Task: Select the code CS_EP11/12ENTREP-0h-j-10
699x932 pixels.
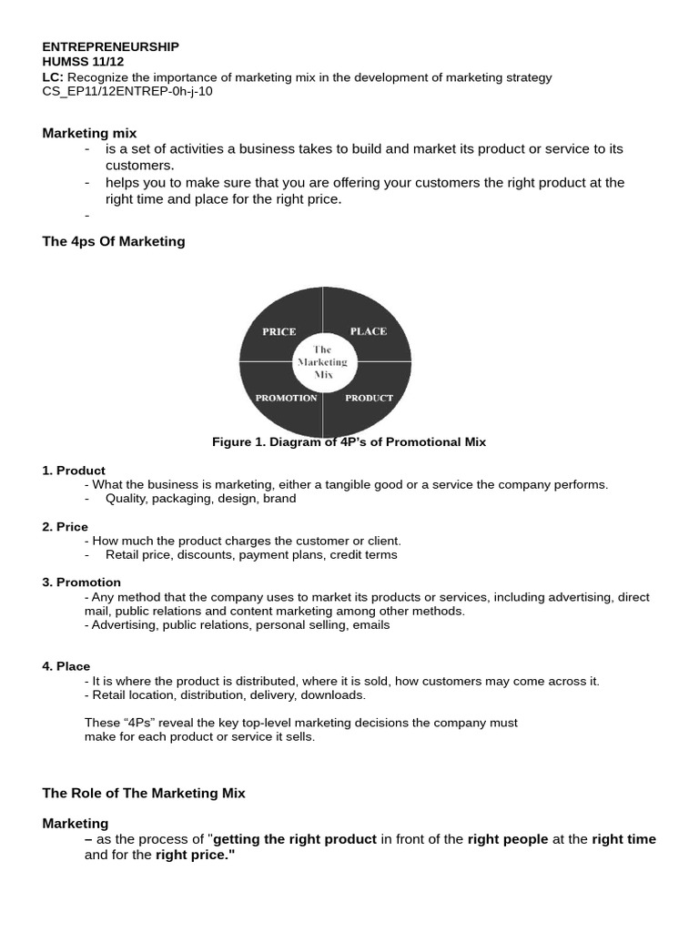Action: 127,91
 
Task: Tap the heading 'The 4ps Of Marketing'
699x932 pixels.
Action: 114,241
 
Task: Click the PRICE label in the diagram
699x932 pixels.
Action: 279,332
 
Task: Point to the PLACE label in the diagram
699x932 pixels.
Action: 368,331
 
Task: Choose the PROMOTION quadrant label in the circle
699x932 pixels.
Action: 286,398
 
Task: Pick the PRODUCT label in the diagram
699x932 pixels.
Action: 370,398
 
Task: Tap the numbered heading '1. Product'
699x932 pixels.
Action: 74,471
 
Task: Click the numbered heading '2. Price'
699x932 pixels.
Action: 66,527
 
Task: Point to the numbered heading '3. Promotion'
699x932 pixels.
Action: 81,582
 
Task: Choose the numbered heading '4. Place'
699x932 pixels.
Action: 66,666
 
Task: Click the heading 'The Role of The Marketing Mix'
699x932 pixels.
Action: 144,793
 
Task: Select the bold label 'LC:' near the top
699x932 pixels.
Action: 53,77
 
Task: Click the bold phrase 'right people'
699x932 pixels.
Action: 508,839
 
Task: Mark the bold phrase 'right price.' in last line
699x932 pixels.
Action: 195,856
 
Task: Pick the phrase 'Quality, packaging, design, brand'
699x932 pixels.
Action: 200,499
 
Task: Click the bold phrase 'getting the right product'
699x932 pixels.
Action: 295,839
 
